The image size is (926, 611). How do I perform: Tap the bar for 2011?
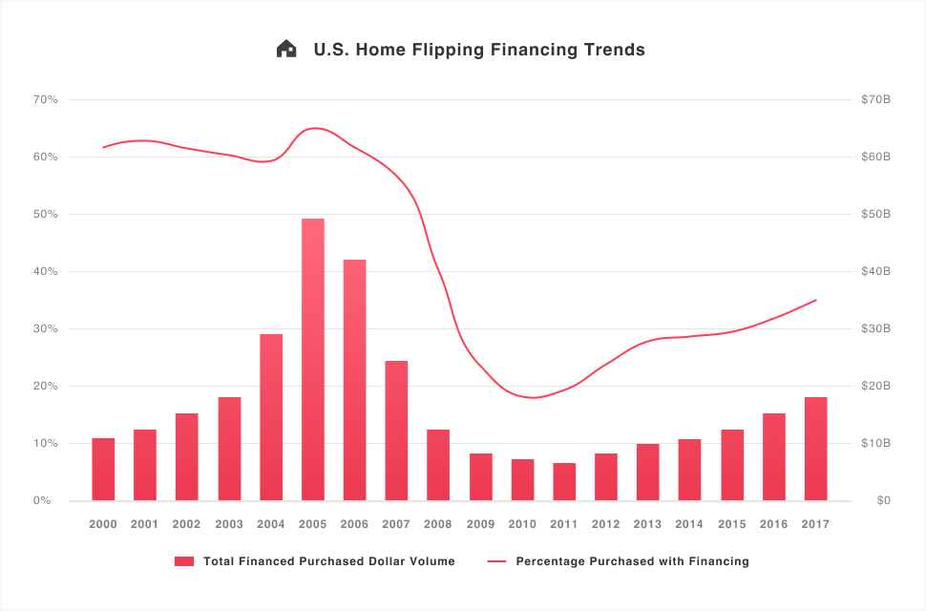[564, 482]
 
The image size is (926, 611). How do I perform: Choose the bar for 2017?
[815, 449]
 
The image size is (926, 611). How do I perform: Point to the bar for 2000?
[103, 470]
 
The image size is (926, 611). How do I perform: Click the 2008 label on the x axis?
[438, 524]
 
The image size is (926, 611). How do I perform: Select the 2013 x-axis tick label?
[647, 524]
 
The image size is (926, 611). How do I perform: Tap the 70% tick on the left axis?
[46, 99]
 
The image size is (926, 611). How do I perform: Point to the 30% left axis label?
[46, 328]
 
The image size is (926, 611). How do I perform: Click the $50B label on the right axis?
[875, 214]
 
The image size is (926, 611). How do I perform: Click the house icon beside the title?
[286, 50]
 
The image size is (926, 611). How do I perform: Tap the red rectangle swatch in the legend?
[184, 561]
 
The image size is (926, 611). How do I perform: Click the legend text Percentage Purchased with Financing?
[632, 561]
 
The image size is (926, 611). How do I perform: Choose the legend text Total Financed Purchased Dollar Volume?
[329, 561]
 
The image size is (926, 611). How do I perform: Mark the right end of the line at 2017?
[816, 300]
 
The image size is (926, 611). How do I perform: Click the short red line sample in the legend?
[497, 561]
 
